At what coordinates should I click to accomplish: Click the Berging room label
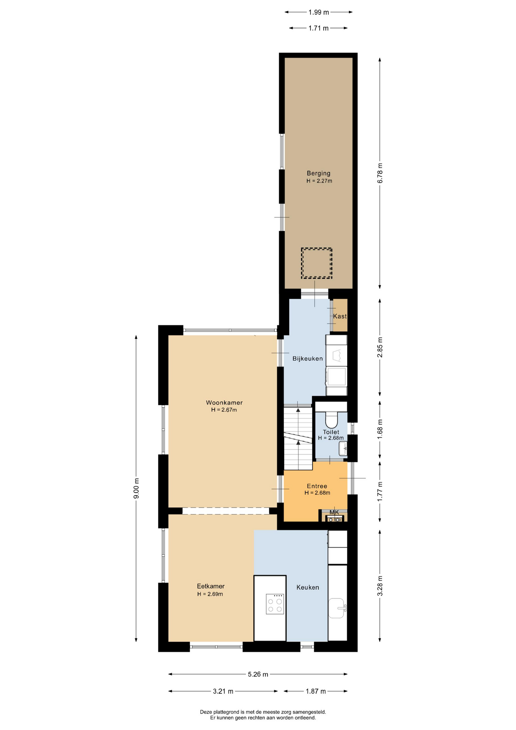point(318,173)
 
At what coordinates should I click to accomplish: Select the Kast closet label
point(340,316)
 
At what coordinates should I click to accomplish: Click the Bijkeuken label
point(307,359)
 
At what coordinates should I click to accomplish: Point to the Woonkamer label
point(224,403)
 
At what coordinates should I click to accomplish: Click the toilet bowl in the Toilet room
point(332,419)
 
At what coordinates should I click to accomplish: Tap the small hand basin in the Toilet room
point(343,449)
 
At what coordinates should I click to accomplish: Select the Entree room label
point(317,486)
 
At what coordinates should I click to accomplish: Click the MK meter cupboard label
point(334,513)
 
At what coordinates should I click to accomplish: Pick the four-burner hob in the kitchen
point(275,604)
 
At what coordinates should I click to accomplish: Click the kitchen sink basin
point(337,608)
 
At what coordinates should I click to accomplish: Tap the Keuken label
point(308,587)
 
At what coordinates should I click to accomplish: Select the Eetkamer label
point(211,586)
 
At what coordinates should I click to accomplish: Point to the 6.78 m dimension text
point(380,173)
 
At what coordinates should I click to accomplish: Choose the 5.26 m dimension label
point(258,674)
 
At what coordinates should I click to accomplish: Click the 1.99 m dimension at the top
point(318,12)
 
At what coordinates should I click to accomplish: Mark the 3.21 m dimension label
point(223,691)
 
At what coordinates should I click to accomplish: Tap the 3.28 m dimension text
point(380,586)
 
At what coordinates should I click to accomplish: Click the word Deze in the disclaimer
point(206,712)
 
